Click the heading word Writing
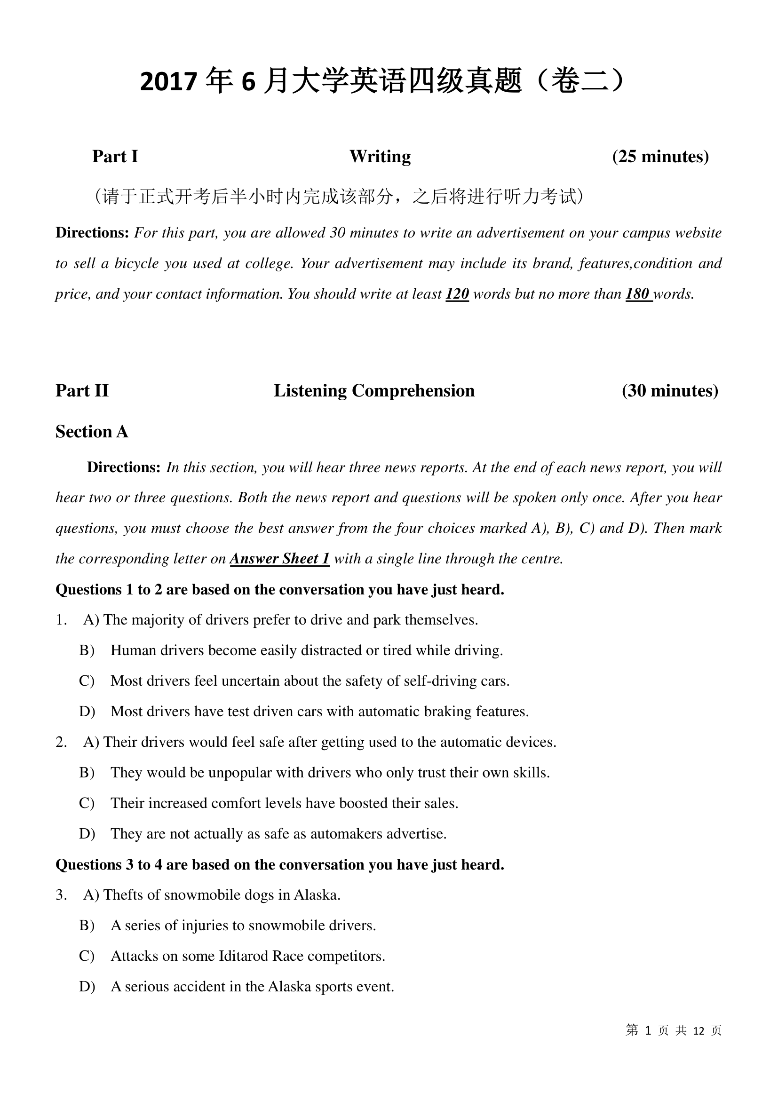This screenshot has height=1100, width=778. click(380, 157)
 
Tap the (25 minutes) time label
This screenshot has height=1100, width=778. click(660, 157)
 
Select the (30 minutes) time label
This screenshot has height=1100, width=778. click(670, 391)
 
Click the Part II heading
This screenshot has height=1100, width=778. click(82, 391)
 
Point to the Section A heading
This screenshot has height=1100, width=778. click(92, 432)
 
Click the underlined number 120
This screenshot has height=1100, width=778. click(457, 293)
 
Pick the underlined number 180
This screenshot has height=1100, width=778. click(638, 293)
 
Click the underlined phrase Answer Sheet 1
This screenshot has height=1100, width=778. click(280, 559)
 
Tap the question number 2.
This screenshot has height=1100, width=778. click(61, 742)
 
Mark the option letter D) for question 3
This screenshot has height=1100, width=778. click(87, 987)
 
